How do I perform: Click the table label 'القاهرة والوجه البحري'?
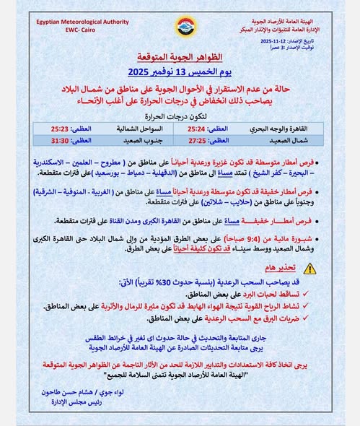click(288, 127)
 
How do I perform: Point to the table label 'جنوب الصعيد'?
click(134, 139)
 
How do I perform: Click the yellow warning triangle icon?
click(309, 268)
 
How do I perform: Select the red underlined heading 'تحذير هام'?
click(277, 269)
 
